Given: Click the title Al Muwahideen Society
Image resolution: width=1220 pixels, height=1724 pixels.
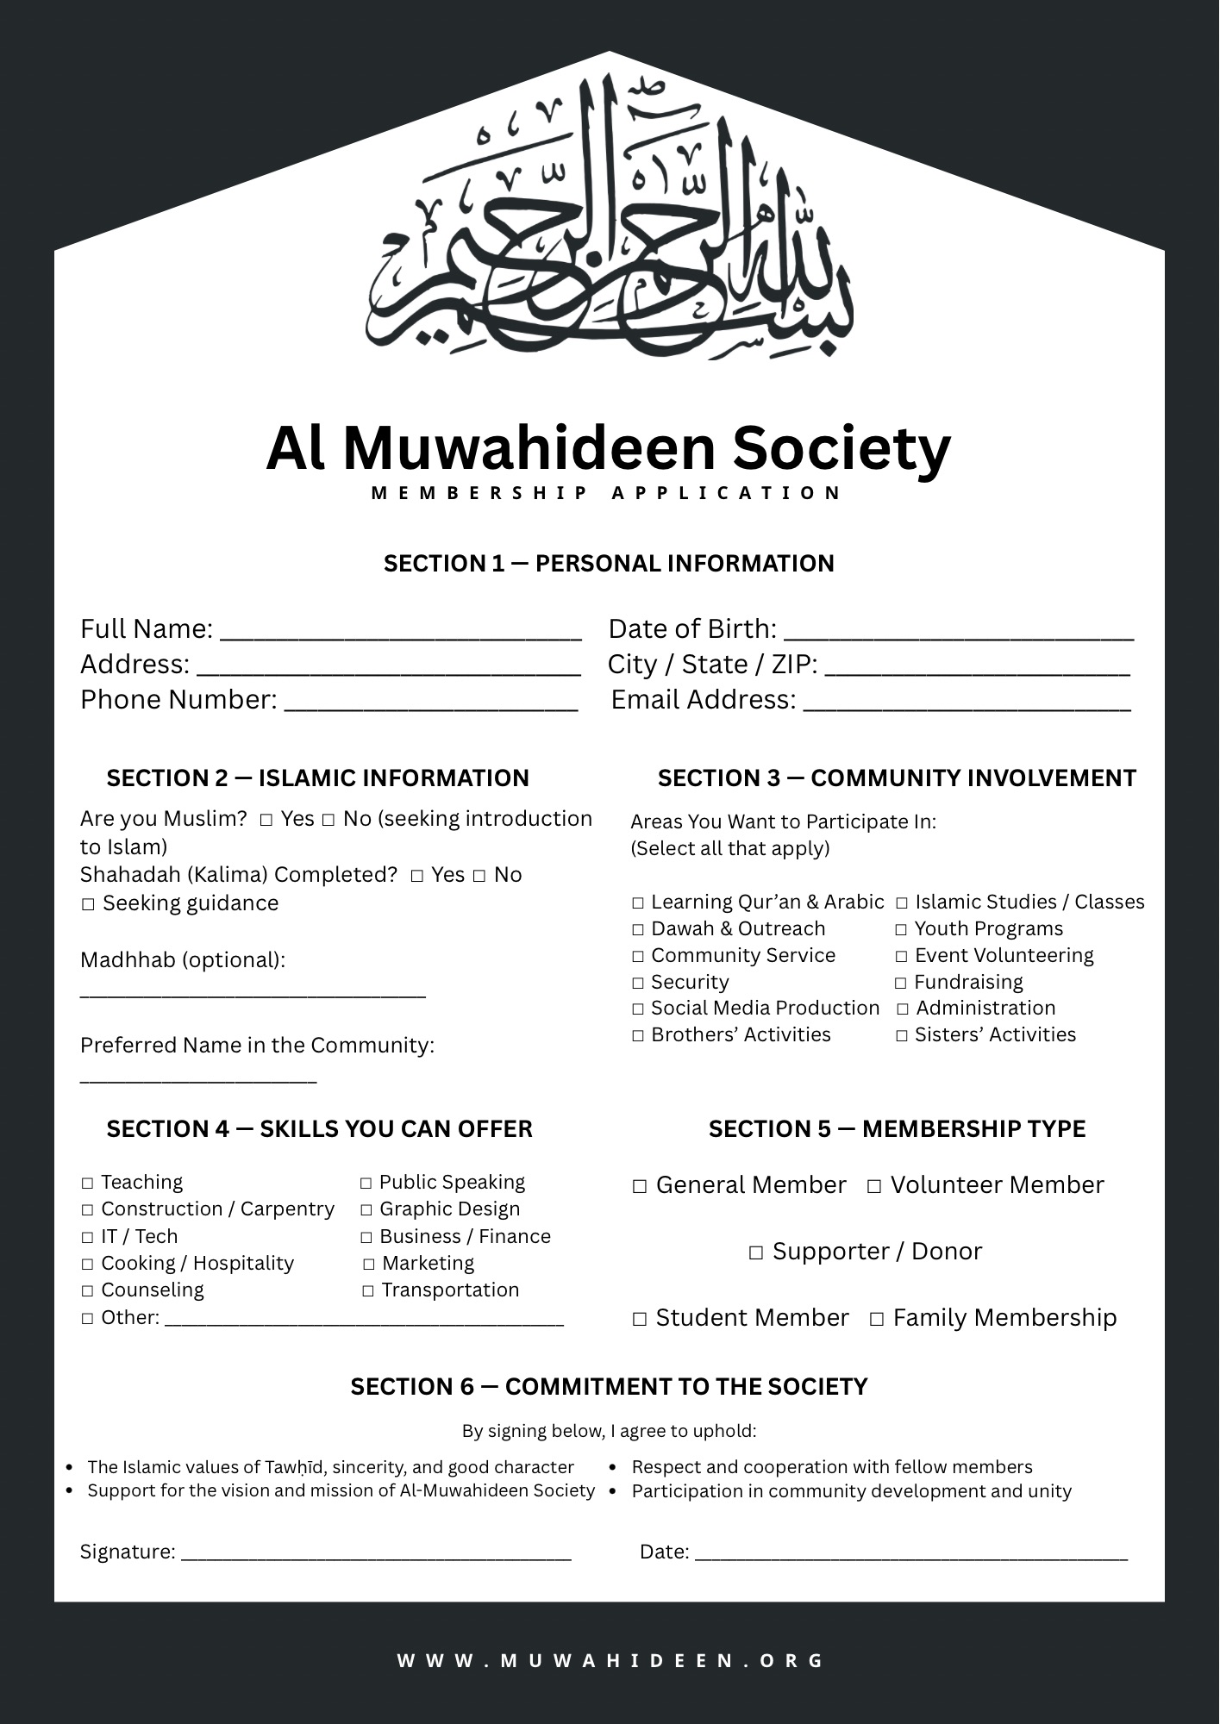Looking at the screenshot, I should click(609, 448).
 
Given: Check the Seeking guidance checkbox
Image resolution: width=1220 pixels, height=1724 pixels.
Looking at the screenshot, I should click(88, 904).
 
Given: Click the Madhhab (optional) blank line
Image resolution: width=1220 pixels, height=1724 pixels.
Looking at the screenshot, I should click(253, 995).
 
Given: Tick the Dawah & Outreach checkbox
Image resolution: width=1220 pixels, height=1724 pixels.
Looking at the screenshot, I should click(638, 930).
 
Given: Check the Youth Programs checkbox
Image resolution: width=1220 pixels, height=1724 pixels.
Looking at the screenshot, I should click(901, 930).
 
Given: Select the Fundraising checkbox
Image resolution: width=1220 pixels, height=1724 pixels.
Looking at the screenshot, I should click(901, 984).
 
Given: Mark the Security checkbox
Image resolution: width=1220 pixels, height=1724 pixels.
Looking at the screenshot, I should click(638, 984).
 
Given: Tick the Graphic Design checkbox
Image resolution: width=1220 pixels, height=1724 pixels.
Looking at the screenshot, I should click(366, 1210).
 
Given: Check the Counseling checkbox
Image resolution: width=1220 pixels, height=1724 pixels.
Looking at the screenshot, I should click(88, 1291).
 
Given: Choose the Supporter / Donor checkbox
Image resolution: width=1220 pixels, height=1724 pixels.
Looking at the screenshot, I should click(756, 1252).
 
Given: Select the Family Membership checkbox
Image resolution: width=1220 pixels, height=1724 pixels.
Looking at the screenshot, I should click(877, 1319).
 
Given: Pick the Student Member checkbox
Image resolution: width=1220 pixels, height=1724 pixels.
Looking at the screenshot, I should click(640, 1319).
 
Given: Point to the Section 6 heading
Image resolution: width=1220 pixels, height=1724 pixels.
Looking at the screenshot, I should click(609, 1387).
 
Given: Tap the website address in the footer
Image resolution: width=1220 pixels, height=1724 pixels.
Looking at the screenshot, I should click(610, 1660).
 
